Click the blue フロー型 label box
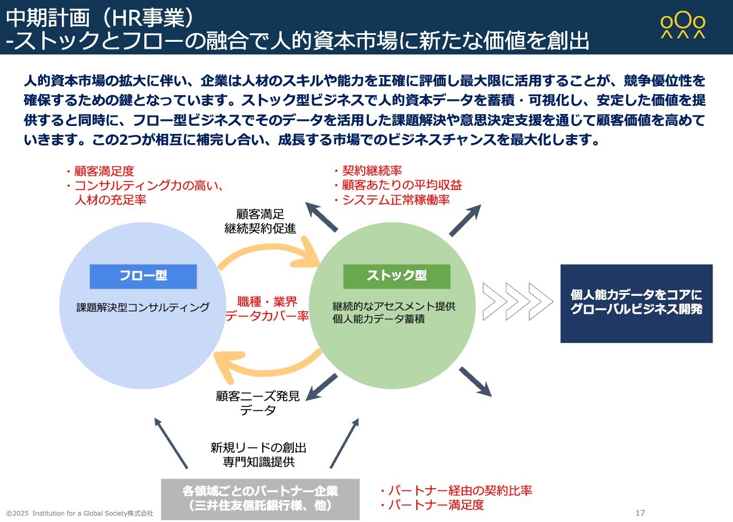[143, 276]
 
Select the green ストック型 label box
[397, 276]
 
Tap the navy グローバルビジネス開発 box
[636, 304]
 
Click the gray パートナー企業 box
[260, 499]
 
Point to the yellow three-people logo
[683, 25]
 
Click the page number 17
[640, 513]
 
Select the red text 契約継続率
[372, 171]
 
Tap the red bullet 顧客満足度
[100, 171]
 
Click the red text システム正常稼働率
[396, 200]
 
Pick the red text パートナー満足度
[436, 505]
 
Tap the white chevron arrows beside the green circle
[518, 301]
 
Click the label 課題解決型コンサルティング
[143, 307]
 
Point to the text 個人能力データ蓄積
[379, 319]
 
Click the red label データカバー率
[267, 317]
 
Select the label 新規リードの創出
[258, 448]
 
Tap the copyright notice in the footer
[80, 513]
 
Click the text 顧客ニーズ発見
[258, 396]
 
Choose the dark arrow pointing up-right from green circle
[465, 220]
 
